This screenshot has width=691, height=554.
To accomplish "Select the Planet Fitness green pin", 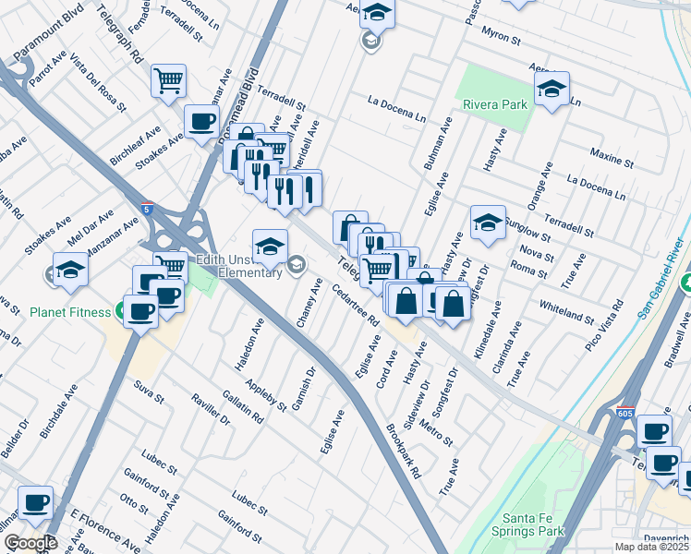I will [121, 310].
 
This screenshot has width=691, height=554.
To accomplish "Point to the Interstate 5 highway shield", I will [148, 210].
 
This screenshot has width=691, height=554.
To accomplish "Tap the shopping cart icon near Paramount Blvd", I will [168, 80].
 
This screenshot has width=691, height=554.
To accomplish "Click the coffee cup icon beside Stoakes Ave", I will [201, 121].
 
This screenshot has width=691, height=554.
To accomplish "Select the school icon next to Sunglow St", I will [488, 222].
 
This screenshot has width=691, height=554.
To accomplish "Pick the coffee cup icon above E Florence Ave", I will [35, 502].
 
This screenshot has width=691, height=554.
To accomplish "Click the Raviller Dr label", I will [211, 406].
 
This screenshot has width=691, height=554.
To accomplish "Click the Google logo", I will [30, 543].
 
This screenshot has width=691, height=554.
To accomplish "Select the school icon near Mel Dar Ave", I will [69, 269].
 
